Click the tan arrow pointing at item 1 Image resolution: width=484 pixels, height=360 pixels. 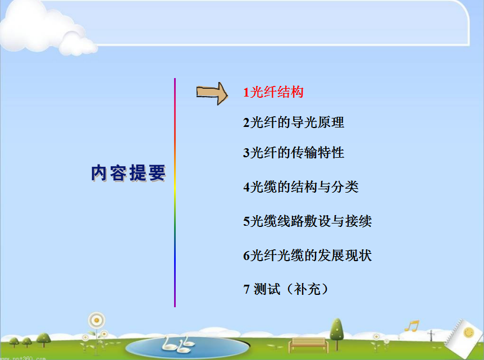[x=212, y=93]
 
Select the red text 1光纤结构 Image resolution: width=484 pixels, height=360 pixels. [x=273, y=92]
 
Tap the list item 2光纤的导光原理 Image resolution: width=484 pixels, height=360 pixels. [x=294, y=122]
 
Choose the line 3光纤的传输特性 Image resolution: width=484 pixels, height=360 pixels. [x=294, y=153]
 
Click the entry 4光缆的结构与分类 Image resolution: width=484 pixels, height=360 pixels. [x=301, y=187]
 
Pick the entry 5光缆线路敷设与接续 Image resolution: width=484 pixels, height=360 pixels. [x=308, y=221]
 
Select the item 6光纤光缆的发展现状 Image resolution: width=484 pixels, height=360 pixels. [x=308, y=256]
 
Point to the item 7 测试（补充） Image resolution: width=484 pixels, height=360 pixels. [x=286, y=289]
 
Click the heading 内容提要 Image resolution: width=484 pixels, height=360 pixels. [x=129, y=173]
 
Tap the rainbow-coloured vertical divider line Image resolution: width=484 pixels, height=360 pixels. [x=175, y=193]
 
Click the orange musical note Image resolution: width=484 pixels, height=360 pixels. [x=412, y=326]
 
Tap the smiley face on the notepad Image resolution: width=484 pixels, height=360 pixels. [x=469, y=332]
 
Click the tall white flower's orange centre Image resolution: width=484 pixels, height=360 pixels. [x=97, y=320]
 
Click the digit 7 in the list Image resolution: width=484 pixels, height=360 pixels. [x=246, y=290]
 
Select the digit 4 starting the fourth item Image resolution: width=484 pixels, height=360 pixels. [x=246, y=187]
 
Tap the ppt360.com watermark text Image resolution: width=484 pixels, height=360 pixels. [x=23, y=358]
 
